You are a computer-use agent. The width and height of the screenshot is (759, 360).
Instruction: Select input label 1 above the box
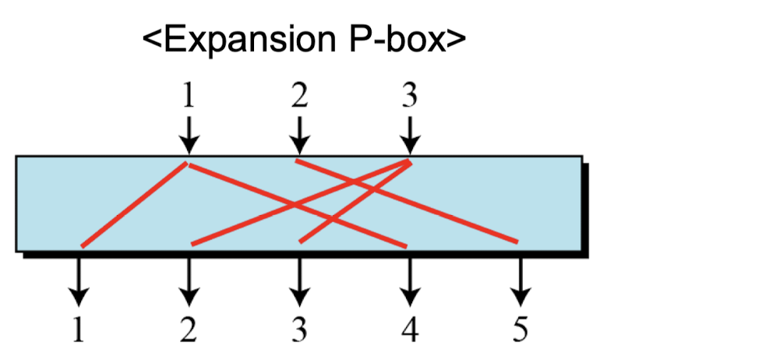click(x=187, y=96)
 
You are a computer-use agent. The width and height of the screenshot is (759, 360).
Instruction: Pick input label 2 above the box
click(x=298, y=96)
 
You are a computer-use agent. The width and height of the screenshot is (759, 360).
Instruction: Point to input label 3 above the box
click(x=410, y=96)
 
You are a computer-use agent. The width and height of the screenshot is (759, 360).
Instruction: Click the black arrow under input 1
click(x=187, y=134)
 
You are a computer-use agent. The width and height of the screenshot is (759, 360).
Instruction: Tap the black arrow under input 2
click(x=298, y=134)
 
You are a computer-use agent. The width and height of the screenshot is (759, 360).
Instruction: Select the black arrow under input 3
click(x=410, y=134)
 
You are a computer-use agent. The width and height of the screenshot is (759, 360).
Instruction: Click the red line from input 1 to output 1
click(x=132, y=205)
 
